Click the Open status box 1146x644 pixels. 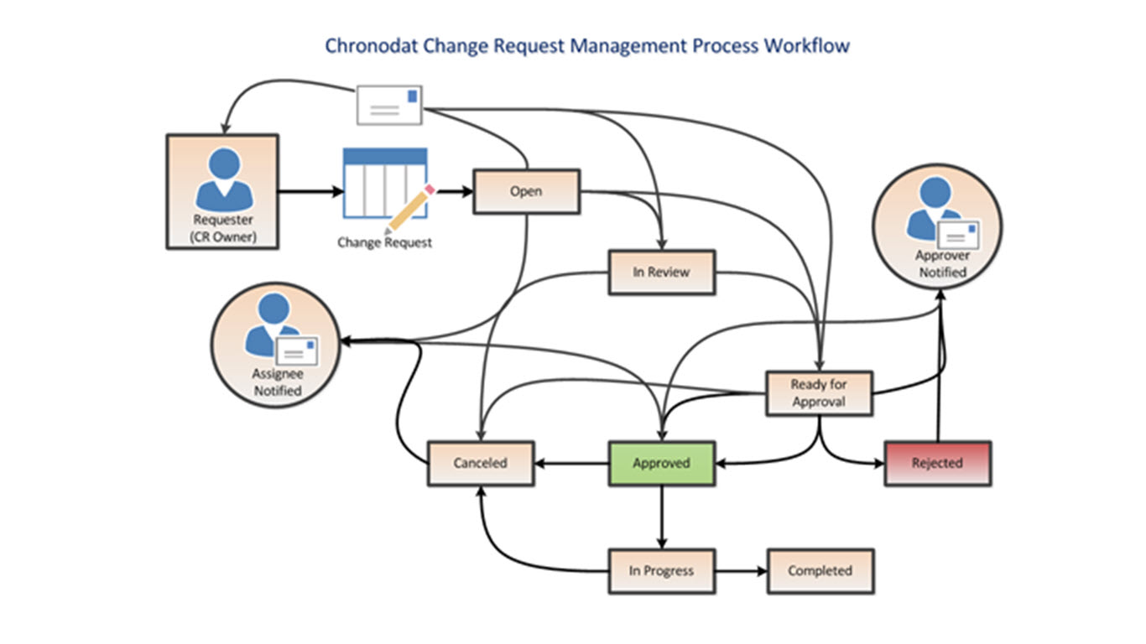coord(526,191)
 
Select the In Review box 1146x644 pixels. coord(661,272)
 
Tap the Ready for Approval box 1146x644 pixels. coord(819,393)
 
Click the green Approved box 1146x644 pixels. coord(661,463)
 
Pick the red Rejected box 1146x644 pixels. coord(937,463)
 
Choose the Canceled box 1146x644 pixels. coord(480,463)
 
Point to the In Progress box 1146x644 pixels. coord(661,571)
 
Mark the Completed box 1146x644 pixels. coord(820,571)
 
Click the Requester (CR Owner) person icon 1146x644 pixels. coord(223,179)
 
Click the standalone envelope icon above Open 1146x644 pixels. coord(388,105)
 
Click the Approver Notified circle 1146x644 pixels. coord(937,227)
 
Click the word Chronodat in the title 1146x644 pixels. coord(372,45)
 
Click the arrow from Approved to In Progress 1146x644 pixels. coord(661,517)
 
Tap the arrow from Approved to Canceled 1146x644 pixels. coord(570,463)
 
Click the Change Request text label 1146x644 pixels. coord(384,242)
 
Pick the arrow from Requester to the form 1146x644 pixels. coord(310,191)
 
